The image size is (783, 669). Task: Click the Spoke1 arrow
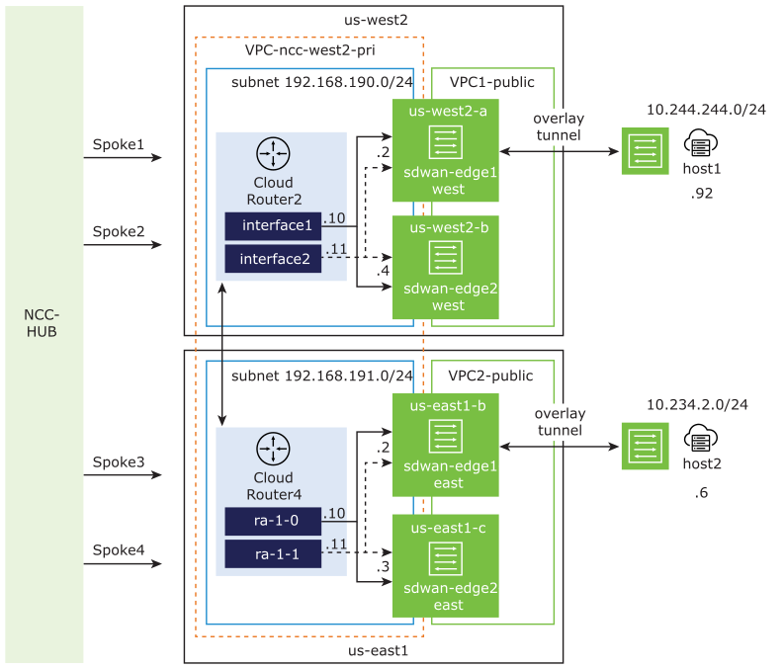click(x=123, y=157)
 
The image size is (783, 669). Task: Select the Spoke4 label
click(x=119, y=548)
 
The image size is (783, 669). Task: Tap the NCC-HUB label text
click(x=42, y=323)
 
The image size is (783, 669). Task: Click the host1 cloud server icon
click(x=700, y=145)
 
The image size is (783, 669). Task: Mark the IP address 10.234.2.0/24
click(x=697, y=404)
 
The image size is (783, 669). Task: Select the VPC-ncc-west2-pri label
click(x=309, y=49)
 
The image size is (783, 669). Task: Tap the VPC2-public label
click(x=490, y=376)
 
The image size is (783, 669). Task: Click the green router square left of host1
click(x=645, y=151)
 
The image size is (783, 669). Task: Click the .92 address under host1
click(x=702, y=193)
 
